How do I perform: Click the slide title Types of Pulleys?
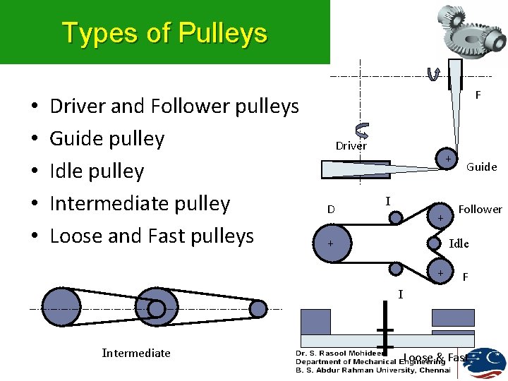(164, 33)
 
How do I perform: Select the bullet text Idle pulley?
(97, 171)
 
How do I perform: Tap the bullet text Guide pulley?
(107, 138)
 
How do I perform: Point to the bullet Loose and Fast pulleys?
(151, 236)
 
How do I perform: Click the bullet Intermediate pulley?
(140, 203)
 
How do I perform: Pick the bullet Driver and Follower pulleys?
(174, 106)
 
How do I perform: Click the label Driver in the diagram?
(351, 146)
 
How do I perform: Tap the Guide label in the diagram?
(481, 167)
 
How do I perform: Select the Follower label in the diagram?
(480, 209)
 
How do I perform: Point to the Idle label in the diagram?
(459, 243)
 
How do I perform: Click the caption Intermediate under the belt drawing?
(136, 353)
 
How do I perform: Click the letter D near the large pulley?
(330, 210)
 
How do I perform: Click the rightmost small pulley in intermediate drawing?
(258, 308)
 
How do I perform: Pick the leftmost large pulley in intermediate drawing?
(61, 308)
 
